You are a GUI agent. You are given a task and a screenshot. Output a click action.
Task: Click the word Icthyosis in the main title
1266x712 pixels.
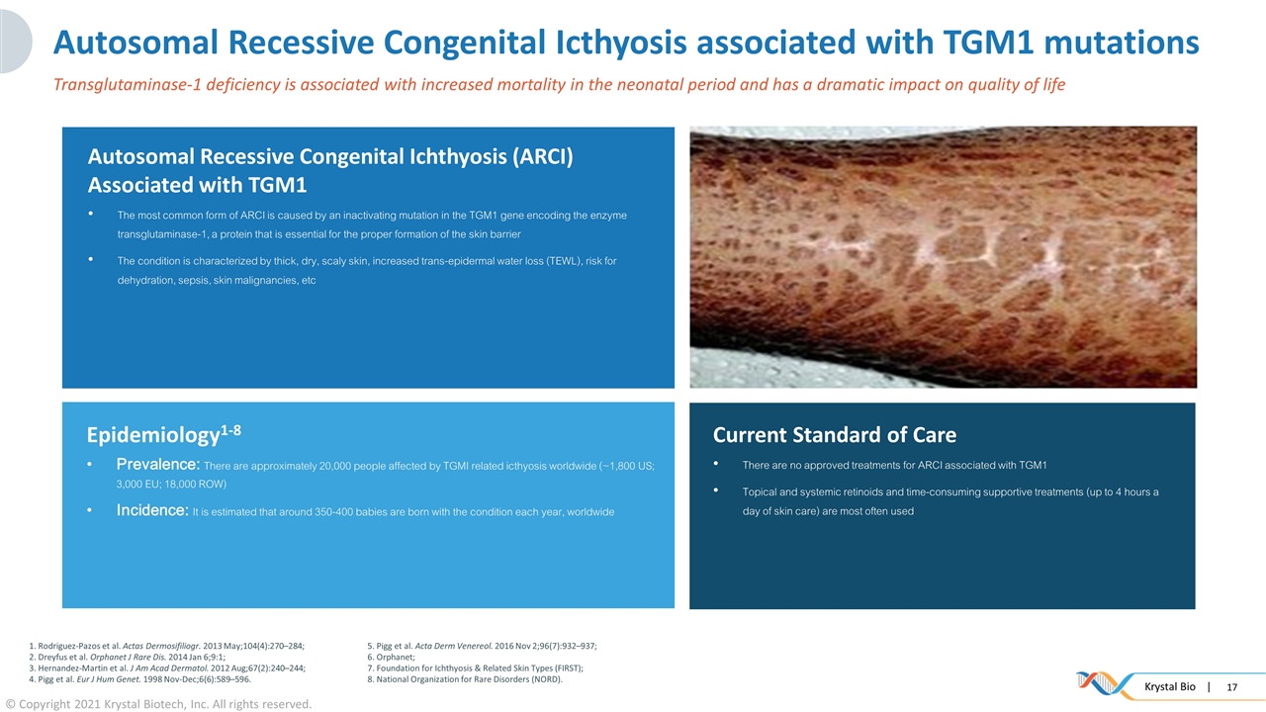click(621, 43)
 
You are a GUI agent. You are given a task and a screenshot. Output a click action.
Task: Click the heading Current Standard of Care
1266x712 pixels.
click(834, 434)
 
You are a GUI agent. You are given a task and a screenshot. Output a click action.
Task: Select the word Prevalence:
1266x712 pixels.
click(158, 465)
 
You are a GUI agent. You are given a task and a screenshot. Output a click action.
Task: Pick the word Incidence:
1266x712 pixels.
click(152, 510)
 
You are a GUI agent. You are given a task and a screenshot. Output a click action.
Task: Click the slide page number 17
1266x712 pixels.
click(1232, 687)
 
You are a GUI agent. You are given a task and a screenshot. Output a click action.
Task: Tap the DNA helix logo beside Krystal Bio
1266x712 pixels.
click(1102, 683)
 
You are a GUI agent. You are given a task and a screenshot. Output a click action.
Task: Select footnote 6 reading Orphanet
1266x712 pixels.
click(391, 657)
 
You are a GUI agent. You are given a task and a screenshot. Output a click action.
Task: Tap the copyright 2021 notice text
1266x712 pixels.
click(159, 704)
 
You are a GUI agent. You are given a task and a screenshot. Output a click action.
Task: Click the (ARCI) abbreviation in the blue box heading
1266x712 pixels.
click(543, 157)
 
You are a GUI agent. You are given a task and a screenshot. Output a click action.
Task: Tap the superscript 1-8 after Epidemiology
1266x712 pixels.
click(230, 430)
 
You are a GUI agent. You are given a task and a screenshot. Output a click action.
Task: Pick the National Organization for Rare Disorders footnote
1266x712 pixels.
click(465, 679)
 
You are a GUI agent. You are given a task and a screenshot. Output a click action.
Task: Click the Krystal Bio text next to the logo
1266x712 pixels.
click(1170, 686)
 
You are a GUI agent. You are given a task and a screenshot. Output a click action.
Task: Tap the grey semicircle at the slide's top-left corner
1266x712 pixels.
click(14, 42)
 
